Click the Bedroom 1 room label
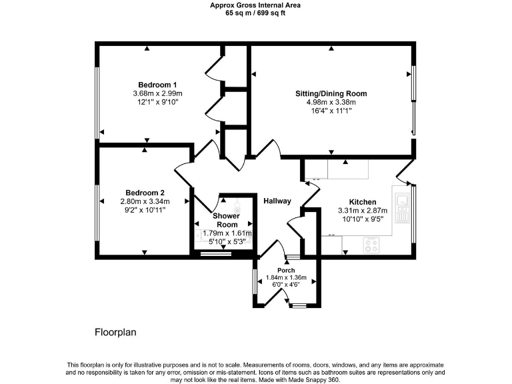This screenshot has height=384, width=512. click(157, 84)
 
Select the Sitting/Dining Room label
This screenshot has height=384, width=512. click(331, 93)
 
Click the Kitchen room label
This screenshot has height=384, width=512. click(362, 202)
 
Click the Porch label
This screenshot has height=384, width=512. click(286, 270)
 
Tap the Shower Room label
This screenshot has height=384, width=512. click(225, 221)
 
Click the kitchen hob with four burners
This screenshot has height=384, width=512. click(372, 245)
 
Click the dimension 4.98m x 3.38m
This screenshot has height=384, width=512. click(331, 102)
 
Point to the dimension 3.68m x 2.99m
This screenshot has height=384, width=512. click(157, 93)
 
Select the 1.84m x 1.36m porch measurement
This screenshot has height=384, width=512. click(286, 277)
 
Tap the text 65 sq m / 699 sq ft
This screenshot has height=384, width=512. click(255, 13)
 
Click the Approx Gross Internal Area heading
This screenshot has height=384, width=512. click(255, 5)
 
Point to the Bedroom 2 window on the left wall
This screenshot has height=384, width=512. click(98, 210)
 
